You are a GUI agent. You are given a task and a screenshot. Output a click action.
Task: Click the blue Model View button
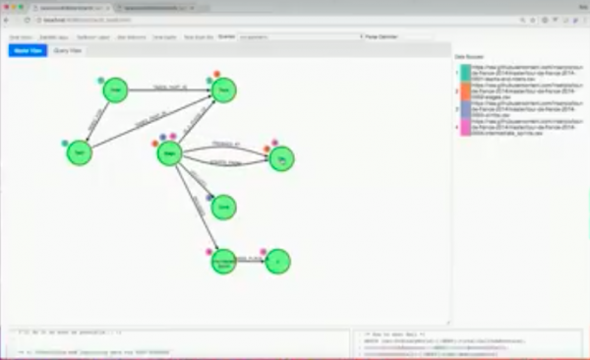(28, 49)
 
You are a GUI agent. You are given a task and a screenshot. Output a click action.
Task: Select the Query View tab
(68, 49)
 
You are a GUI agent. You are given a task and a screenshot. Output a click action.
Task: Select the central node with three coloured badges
(169, 152)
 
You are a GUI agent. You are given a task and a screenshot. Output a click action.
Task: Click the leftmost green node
(79, 152)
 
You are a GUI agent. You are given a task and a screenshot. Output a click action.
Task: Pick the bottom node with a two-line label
(224, 263)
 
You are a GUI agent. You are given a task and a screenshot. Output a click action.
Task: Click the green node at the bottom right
(278, 262)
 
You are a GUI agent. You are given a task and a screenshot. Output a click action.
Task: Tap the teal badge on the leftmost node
(65, 142)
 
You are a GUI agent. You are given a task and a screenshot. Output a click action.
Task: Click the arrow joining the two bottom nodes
(252, 262)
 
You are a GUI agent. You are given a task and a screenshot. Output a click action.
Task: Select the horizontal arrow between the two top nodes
(172, 90)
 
